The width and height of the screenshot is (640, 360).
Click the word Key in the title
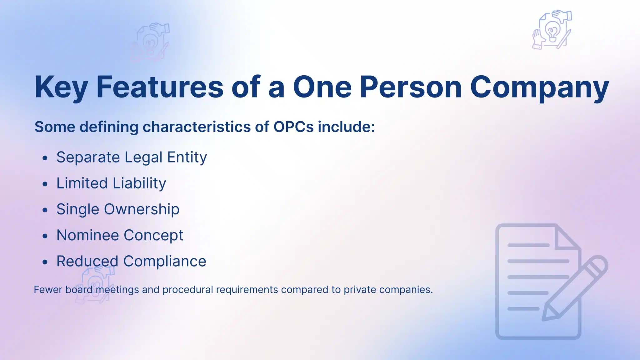pos(61,87)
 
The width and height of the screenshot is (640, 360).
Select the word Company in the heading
pos(539,87)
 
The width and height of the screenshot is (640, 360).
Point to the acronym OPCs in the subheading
pos(293,127)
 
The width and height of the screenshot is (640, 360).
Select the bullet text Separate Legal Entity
pos(132,157)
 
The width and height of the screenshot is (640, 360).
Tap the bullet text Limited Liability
pos(111,183)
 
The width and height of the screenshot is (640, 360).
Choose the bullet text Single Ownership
pos(118,209)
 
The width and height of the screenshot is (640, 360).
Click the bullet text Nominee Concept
pos(120,235)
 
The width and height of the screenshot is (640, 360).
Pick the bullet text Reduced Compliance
pos(131,261)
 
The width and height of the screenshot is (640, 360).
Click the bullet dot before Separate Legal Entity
pos(45,158)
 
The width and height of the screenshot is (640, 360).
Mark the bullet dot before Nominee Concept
pos(45,236)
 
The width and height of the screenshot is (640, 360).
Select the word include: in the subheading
pos(346,127)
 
